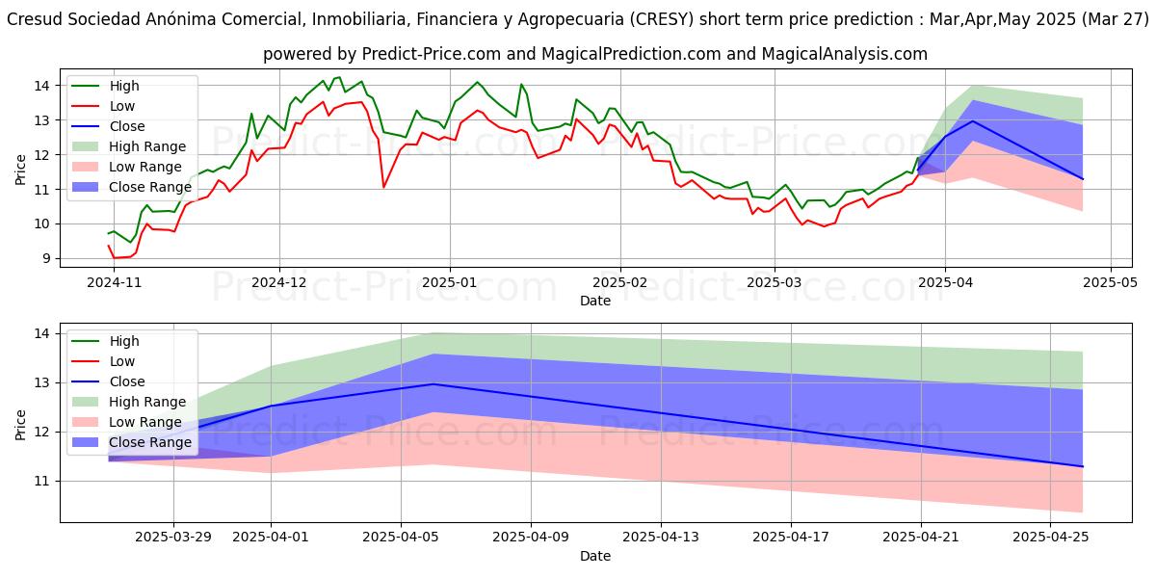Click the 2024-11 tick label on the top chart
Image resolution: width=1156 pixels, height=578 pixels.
[114, 281]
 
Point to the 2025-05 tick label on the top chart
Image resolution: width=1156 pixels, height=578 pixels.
[1112, 281]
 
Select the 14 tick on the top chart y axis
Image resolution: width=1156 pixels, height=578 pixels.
[42, 86]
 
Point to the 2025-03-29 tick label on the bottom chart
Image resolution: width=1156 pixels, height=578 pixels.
[173, 536]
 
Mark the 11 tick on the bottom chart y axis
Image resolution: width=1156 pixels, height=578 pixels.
[42, 481]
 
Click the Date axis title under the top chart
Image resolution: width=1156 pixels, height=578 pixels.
[594, 301]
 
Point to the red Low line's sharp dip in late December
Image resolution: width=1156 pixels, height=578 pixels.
[383, 186]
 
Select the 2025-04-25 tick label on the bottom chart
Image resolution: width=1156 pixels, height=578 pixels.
[1052, 536]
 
